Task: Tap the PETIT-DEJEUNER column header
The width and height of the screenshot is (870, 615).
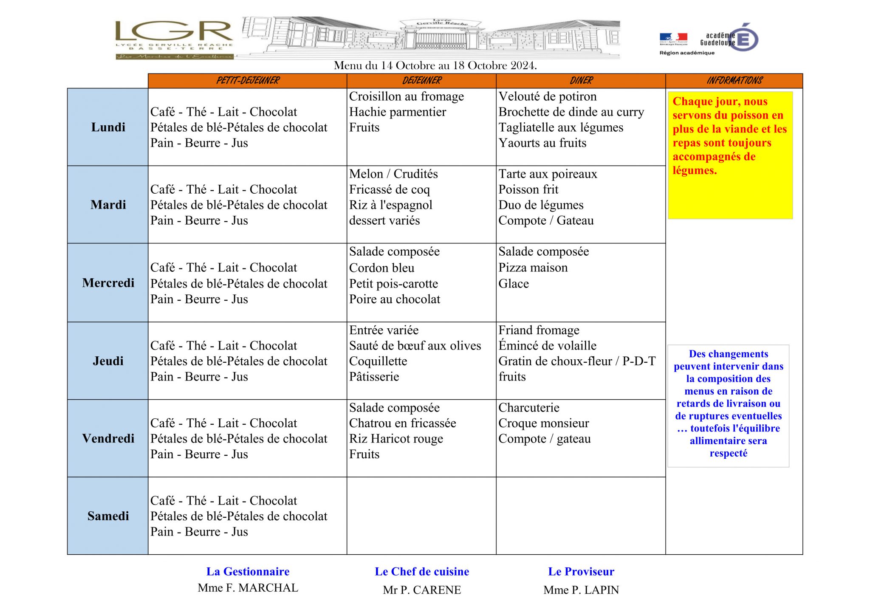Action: (x=248, y=81)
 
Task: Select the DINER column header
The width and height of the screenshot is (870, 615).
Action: (x=581, y=81)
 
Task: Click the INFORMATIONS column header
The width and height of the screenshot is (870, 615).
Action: (x=734, y=81)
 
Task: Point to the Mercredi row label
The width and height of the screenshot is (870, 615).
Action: (x=108, y=283)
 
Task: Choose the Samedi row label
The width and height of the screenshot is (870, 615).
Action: (x=108, y=516)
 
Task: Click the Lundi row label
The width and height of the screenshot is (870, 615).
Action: (x=108, y=127)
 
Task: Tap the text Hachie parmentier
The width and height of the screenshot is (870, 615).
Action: (x=398, y=112)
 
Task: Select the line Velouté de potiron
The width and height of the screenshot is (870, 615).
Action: (x=548, y=96)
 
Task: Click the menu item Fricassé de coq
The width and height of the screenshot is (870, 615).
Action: (x=390, y=189)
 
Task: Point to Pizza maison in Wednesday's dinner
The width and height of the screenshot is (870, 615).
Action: (x=533, y=268)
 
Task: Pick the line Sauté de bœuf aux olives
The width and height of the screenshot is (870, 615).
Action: (x=415, y=346)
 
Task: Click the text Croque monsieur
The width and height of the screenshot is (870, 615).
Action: (x=544, y=423)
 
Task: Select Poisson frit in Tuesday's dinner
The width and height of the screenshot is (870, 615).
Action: (x=528, y=189)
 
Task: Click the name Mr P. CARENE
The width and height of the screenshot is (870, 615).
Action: (x=422, y=590)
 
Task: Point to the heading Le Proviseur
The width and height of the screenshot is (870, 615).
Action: (x=581, y=572)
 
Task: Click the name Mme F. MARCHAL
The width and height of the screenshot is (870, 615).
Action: (x=248, y=588)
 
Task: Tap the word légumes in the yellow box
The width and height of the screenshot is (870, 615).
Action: (x=695, y=171)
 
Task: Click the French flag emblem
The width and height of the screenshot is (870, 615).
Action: (x=673, y=37)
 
